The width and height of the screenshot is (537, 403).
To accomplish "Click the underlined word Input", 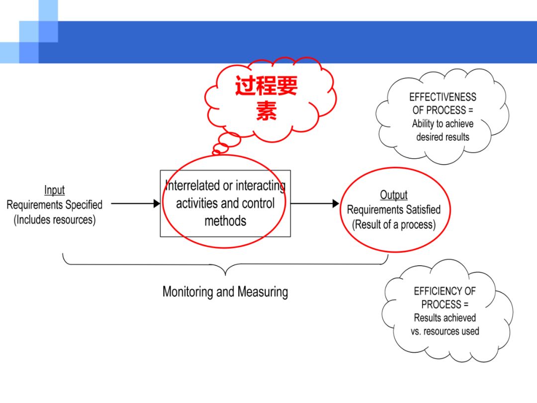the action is pos(55,190).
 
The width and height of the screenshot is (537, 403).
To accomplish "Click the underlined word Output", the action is pos(394,195).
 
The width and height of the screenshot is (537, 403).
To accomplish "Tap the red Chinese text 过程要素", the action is pos(266,98).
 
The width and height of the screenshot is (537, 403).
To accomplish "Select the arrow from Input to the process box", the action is pos(136,203).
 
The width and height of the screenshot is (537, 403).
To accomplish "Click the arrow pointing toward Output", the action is pos(315,203).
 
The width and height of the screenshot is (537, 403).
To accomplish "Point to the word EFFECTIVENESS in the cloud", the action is pos(443,97).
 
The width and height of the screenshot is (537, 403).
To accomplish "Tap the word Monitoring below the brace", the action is pos(187,292).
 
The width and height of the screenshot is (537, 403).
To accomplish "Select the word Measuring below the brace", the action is pos(263,292).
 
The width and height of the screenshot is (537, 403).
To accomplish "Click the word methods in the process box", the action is pos(225,221).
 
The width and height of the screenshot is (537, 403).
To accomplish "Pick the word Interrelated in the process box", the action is pos(192,186).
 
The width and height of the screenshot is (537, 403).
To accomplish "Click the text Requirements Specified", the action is pos(55,205).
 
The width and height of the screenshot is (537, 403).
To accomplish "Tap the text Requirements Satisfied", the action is pos(394,210).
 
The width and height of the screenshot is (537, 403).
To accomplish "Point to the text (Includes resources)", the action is pos(55,220).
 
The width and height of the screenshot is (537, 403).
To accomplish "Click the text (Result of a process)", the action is pos(394,225).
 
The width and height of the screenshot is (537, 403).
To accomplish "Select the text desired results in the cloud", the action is pos(443,137).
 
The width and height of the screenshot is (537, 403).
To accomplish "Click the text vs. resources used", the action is pos(445,331).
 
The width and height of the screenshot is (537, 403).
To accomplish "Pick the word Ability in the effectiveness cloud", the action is pos(423,124).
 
